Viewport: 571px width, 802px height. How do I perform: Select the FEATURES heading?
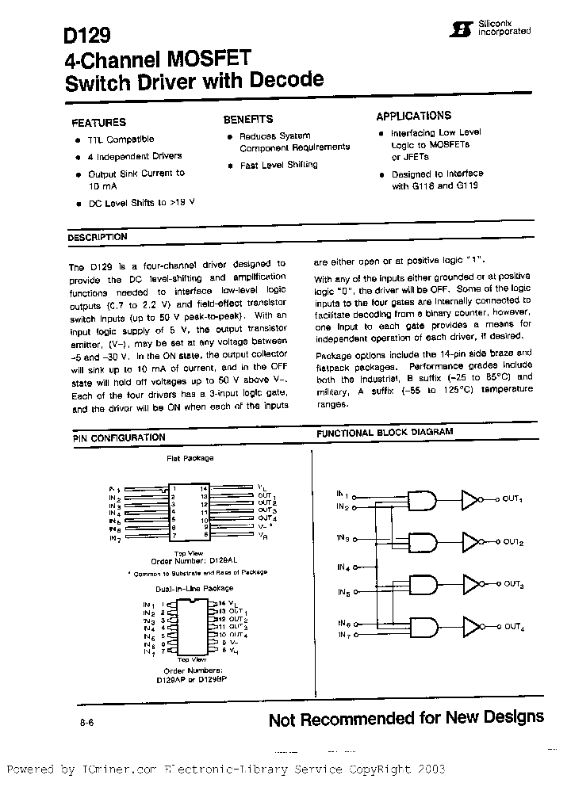tap(98, 123)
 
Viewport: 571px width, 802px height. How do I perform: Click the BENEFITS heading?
tap(247, 119)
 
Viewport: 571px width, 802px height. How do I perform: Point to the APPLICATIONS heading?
tap(413, 116)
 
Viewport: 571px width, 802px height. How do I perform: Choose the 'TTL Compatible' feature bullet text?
tap(121, 139)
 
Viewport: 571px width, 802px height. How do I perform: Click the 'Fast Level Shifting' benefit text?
tap(278, 165)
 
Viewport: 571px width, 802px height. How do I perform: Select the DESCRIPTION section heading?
tap(97, 237)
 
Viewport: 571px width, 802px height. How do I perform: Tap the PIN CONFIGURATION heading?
tap(119, 437)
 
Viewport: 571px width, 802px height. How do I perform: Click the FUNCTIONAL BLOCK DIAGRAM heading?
tap(385, 433)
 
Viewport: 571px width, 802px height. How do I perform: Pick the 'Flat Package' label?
tap(190, 458)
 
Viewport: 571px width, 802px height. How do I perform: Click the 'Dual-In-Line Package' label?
tap(194, 588)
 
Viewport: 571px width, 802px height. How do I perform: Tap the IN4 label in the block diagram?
tap(343, 567)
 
